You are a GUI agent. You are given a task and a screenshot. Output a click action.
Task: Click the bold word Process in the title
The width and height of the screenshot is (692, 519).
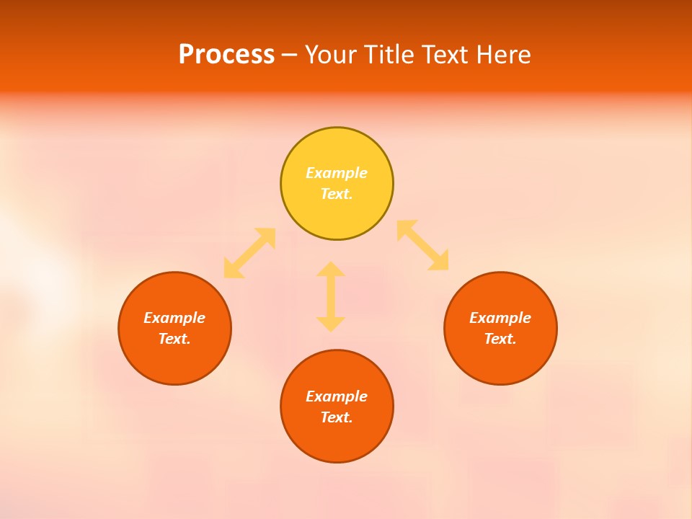[226, 55]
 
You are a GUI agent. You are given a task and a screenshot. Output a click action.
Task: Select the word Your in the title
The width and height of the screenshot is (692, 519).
[329, 55]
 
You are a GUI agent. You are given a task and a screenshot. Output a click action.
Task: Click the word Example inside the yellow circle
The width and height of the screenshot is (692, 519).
[337, 173]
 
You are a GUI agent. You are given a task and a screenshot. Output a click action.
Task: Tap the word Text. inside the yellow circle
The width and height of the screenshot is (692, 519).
[337, 194]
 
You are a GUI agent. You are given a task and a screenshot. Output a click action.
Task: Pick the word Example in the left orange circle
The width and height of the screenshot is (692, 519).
[174, 318]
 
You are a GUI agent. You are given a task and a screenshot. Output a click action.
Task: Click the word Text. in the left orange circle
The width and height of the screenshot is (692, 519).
[174, 339]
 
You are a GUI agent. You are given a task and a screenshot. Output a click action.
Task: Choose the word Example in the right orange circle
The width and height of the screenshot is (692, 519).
[500, 318]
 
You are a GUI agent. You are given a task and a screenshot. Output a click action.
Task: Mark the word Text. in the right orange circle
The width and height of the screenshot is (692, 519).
[500, 339]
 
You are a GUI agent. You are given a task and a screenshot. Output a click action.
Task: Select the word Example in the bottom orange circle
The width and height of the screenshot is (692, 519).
[337, 396]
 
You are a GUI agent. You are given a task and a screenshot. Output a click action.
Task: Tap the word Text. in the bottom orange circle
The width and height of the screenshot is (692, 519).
[337, 417]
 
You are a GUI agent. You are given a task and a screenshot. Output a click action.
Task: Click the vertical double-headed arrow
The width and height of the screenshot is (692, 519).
[331, 296]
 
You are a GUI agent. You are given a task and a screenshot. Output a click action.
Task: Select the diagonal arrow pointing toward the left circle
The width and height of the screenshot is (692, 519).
[249, 253]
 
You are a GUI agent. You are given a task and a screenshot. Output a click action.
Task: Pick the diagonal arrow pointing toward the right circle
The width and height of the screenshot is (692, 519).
[423, 245]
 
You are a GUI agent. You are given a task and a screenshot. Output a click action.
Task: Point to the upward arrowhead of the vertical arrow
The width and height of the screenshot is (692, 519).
[331, 270]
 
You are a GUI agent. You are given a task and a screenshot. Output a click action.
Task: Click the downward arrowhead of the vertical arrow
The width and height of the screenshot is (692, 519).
[331, 324]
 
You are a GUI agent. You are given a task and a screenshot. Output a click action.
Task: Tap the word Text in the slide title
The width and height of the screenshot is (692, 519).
[445, 55]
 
